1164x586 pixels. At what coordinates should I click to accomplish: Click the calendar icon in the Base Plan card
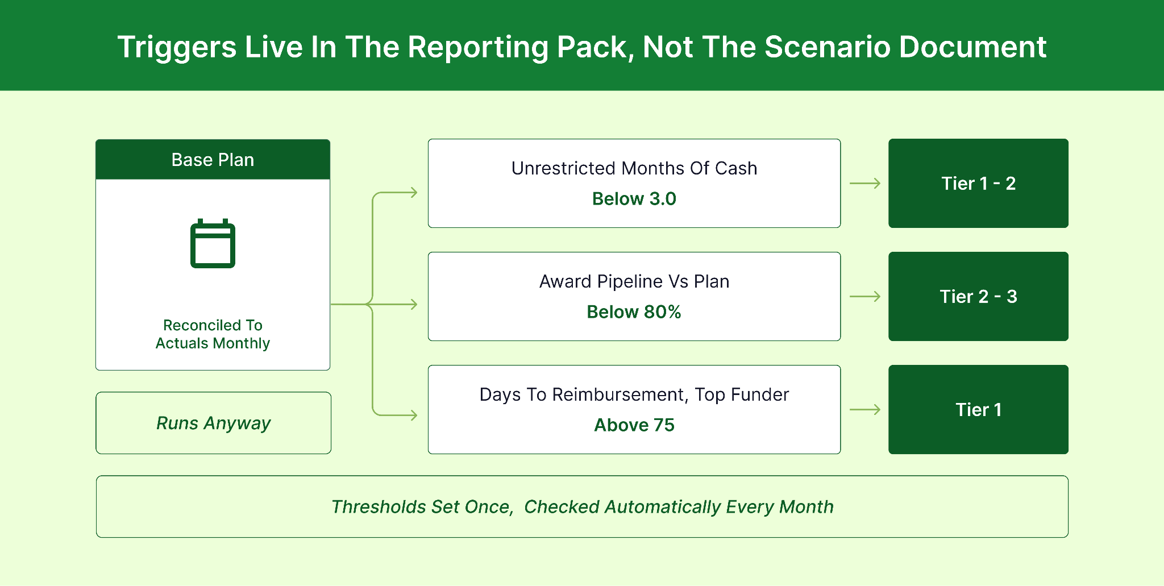[x=213, y=243]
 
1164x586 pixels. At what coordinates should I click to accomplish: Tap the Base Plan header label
[x=213, y=160]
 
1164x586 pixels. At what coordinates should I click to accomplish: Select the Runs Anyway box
[x=213, y=423]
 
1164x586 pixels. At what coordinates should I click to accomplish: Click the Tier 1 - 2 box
[x=978, y=183]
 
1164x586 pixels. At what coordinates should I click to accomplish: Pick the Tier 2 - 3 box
[x=978, y=296]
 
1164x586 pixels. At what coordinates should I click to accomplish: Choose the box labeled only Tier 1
[x=978, y=409]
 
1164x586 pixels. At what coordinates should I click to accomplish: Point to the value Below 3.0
[x=634, y=199]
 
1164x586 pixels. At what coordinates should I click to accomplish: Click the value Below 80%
[x=634, y=312]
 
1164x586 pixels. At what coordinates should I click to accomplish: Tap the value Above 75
[x=634, y=425]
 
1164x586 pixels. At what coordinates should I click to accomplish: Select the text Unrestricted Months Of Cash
[x=634, y=168]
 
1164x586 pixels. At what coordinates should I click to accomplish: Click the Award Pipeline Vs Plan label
[x=634, y=281]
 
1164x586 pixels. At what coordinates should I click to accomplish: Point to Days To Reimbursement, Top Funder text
[x=634, y=394]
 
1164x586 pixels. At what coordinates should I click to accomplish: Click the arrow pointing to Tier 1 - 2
[x=865, y=183]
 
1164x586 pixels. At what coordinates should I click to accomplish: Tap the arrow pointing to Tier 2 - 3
[x=865, y=296]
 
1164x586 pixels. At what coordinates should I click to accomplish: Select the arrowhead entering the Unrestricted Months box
[x=414, y=193]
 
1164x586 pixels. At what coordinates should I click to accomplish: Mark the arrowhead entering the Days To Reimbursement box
[x=414, y=415]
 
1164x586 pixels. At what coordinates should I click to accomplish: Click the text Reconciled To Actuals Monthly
[x=213, y=334]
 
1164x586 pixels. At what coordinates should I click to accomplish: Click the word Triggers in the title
[x=177, y=48]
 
